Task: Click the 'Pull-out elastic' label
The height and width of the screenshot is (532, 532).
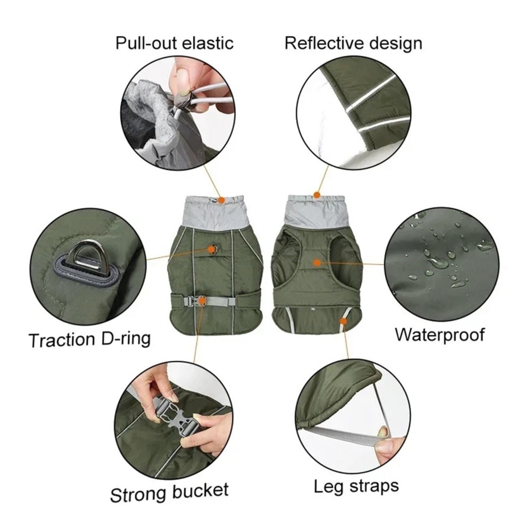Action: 174,43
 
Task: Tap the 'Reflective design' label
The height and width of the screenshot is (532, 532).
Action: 353,44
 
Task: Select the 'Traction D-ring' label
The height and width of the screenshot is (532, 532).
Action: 89,339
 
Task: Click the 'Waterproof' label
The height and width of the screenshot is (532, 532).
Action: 440,335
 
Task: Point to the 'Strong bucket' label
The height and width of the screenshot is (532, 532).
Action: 169,493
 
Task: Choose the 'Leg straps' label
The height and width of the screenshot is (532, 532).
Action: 356,487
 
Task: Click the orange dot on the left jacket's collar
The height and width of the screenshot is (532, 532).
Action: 221,200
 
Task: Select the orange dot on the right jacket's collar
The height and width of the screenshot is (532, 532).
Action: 317,195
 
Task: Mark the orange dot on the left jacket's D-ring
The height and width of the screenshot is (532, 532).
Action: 212,250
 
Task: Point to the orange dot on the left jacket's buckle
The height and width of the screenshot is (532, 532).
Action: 202,300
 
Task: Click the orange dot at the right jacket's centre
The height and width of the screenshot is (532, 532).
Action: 317,262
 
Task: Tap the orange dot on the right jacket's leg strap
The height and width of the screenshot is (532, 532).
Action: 343,321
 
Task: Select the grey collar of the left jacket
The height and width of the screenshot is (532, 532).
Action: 213,213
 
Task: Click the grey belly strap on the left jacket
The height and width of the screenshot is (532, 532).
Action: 217,301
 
